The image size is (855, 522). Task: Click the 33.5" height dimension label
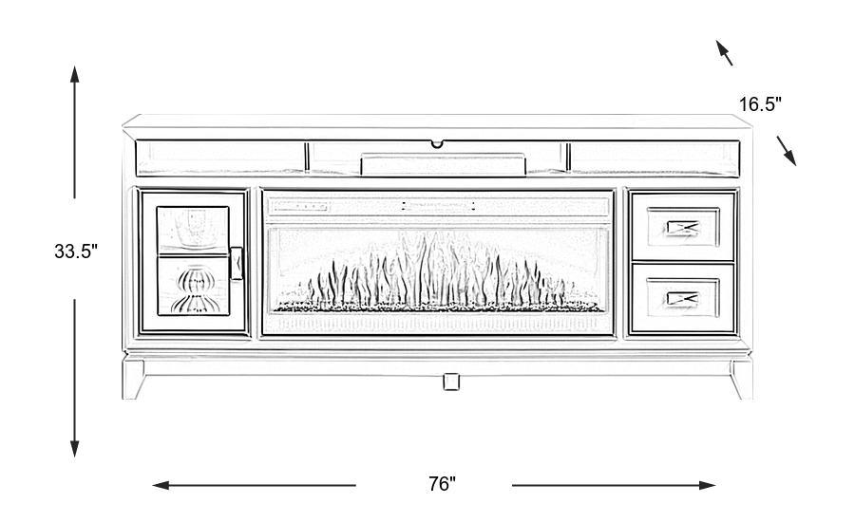pos(76,252)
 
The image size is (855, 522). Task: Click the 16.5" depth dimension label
pos(760,105)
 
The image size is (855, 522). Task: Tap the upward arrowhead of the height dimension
pos(75,73)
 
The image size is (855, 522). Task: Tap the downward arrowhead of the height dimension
pos(75,447)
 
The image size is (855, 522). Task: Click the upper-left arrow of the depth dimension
pos(724,51)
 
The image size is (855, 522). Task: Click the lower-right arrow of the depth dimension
pos(788,151)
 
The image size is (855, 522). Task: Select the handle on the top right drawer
pos(683,227)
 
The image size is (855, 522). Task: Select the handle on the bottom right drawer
pos(683,298)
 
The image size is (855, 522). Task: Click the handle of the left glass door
pos(237,264)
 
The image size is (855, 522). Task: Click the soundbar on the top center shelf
pos(443,164)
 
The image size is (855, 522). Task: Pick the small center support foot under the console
pos(451,382)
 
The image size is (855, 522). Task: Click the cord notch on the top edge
pos(437,144)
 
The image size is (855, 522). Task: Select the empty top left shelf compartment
pos(220,158)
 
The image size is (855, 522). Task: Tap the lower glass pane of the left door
pos(194,288)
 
